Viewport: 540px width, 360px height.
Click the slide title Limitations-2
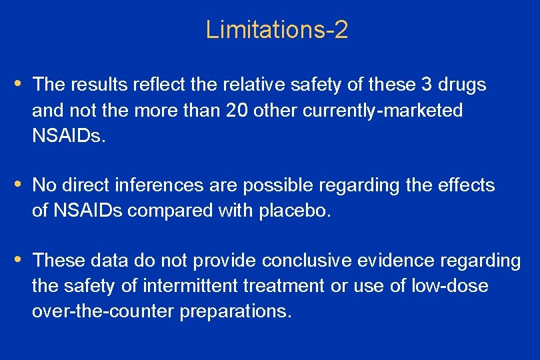pyautogui.click(x=277, y=30)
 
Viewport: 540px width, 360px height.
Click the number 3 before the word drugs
pyautogui.click(x=427, y=85)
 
